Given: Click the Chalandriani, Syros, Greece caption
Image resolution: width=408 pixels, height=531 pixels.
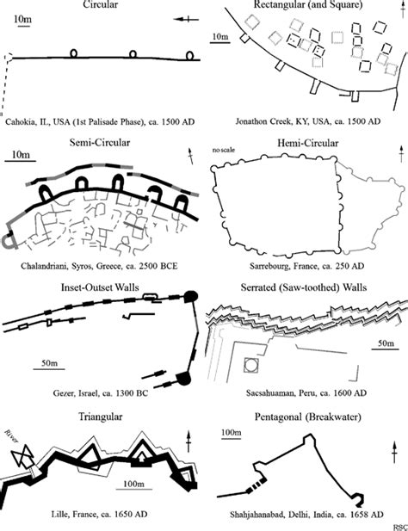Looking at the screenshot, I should click(102, 262).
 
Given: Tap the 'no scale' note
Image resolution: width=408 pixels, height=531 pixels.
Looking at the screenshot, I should click(225, 152).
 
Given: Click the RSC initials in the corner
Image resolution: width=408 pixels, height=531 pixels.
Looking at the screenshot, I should click(398, 526).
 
